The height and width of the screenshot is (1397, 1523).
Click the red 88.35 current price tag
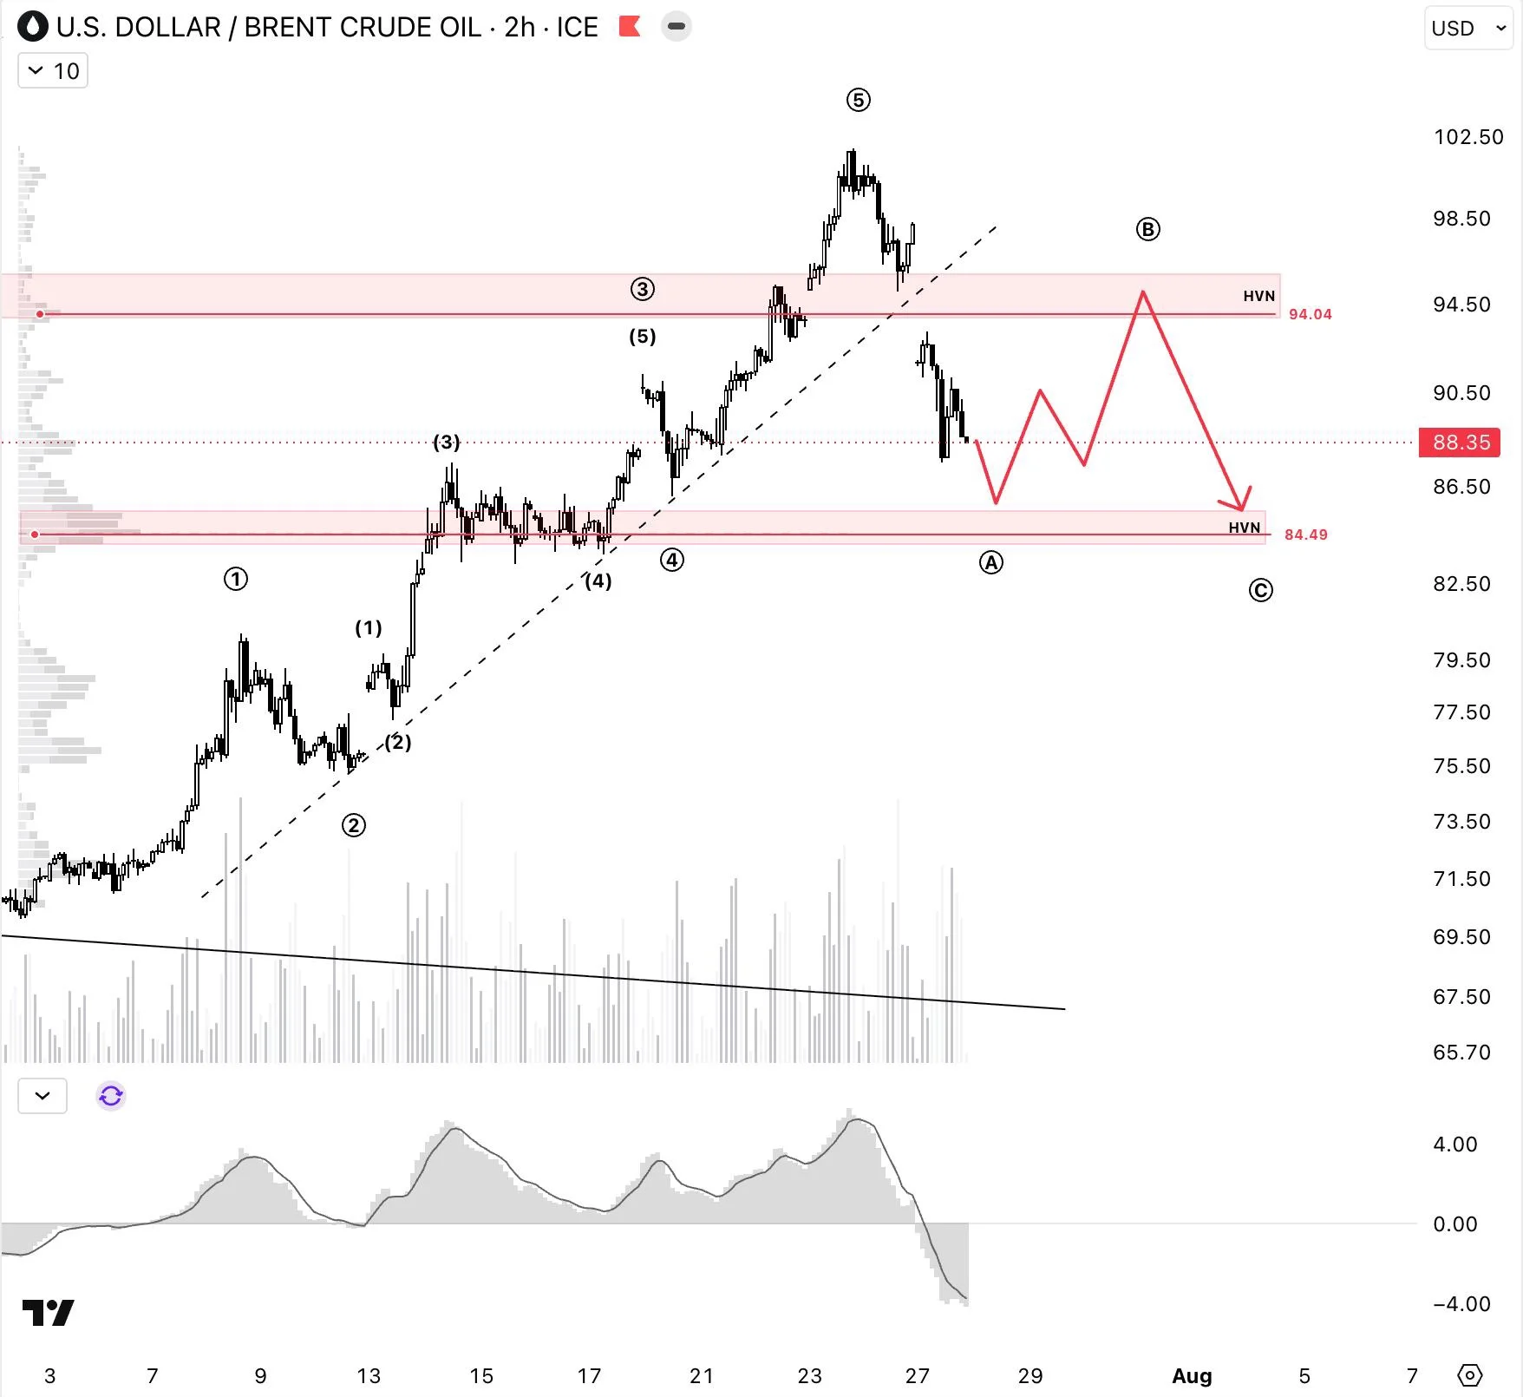coord(1461,443)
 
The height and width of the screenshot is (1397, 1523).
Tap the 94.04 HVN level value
coord(1310,314)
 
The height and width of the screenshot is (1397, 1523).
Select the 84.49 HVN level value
coord(1305,535)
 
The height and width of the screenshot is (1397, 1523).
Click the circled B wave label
coord(1147,229)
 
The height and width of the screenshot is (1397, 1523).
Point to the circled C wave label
coord(1260,591)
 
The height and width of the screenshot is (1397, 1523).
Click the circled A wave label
coord(990,562)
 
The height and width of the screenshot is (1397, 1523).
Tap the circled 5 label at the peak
coord(858,100)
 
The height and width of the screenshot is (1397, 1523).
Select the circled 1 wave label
coord(235,579)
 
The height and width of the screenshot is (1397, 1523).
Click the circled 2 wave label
coord(353,825)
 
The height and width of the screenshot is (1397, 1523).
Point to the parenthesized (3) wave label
coord(447,443)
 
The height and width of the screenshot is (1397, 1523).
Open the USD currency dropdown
coord(1468,29)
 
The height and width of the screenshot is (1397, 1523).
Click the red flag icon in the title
coord(630,27)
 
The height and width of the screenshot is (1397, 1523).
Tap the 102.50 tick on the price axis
coord(1468,137)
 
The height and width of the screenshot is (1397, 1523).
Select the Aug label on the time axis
coord(1192,1375)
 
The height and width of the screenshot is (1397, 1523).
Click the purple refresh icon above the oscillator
coord(111,1096)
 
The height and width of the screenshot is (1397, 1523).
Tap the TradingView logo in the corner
coord(48,1313)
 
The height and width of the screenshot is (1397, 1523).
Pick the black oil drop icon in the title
coord(34,27)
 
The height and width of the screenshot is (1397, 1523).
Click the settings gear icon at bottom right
coord(1470,1375)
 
